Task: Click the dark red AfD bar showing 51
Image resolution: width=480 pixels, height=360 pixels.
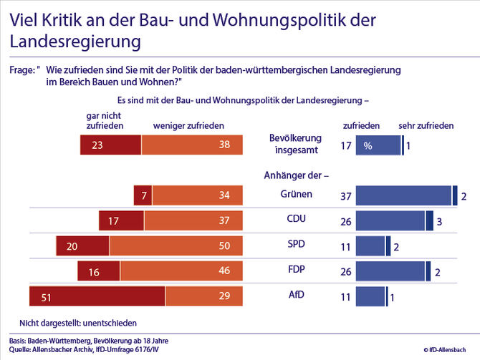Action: click(x=97, y=296)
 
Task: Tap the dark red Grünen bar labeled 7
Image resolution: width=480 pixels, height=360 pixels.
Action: click(x=143, y=195)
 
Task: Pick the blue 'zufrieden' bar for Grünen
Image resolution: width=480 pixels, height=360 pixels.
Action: click(x=403, y=195)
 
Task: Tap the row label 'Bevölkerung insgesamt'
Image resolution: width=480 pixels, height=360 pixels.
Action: click(x=295, y=144)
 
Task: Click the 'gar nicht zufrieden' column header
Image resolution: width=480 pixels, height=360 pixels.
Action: click(x=105, y=120)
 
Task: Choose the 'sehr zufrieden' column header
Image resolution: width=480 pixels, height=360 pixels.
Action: click(x=426, y=125)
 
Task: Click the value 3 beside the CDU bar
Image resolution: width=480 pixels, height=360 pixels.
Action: click(x=438, y=221)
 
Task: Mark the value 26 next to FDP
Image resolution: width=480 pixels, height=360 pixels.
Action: click(x=345, y=272)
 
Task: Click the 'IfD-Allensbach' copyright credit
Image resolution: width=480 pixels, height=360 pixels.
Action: click(x=449, y=351)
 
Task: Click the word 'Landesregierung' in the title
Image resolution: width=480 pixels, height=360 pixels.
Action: click(x=75, y=42)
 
